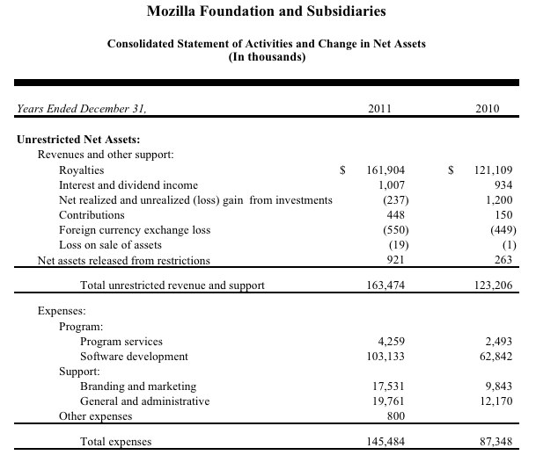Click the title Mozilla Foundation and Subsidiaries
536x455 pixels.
coord(268,11)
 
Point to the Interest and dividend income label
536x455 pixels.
coord(128,184)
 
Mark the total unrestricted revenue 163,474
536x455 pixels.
coord(385,285)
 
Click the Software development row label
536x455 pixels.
coord(134,357)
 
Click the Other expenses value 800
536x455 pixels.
coord(395,416)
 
